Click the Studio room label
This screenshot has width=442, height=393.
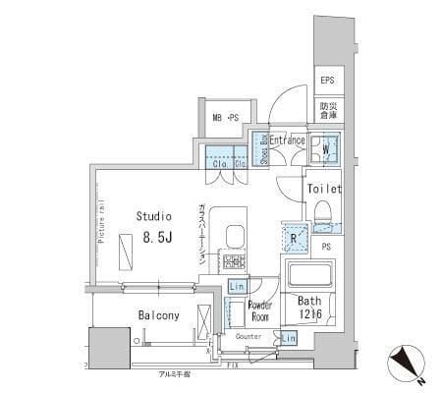pos(153,215)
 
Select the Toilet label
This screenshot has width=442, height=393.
pos(323,189)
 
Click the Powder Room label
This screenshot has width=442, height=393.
pos(259,311)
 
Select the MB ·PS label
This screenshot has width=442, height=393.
pos(226,119)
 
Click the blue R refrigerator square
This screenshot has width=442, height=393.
pos(294,236)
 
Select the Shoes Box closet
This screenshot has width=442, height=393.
pos(262,148)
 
